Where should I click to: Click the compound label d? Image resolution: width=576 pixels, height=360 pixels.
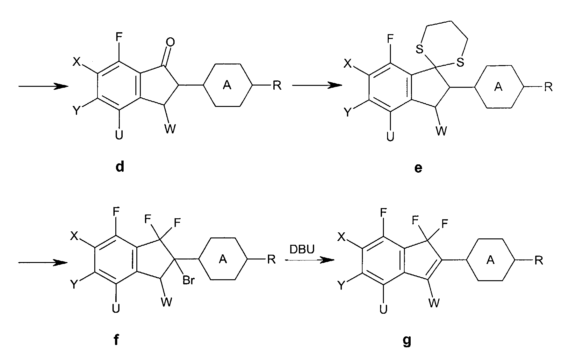pyautogui.click(x=119, y=167)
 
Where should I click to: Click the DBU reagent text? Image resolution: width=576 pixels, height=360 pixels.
pyautogui.click(x=302, y=249)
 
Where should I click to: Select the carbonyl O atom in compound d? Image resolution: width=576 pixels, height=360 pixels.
pyautogui.click(x=170, y=42)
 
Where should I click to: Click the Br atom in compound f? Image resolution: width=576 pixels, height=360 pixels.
pyautogui.click(x=189, y=281)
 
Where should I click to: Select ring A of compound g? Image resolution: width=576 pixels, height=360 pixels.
pyautogui.click(x=491, y=260)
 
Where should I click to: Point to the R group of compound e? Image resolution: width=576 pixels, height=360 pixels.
pyautogui.click(x=548, y=87)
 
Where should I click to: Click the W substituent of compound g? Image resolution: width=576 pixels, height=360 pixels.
pyautogui.click(x=434, y=302)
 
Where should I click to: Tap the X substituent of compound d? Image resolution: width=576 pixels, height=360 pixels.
pyautogui.click(x=76, y=62)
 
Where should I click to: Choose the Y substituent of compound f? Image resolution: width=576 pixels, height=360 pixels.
pyautogui.click(x=74, y=284)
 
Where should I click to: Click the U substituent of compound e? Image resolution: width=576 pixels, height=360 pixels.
pyautogui.click(x=390, y=137)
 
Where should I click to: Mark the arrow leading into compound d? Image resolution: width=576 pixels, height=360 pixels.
pyautogui.click(x=43, y=86)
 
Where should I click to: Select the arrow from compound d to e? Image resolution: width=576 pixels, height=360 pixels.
pyautogui.click(x=317, y=86)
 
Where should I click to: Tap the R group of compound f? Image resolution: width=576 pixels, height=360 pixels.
pyautogui.click(x=271, y=259)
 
